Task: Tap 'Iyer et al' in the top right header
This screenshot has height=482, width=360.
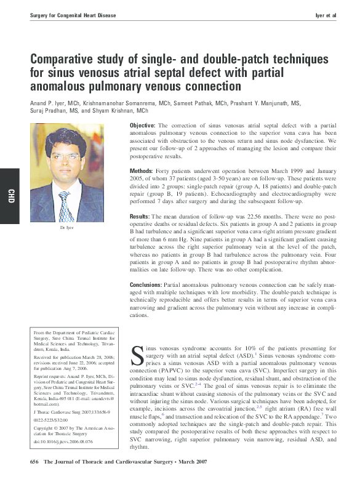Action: click(326, 14)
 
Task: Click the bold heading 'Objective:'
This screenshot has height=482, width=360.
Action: click(142, 126)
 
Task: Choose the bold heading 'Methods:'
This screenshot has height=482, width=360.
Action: click(141, 170)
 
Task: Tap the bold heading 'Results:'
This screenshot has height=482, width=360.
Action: click(140, 217)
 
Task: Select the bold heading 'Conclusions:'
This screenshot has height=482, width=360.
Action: click(146, 284)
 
